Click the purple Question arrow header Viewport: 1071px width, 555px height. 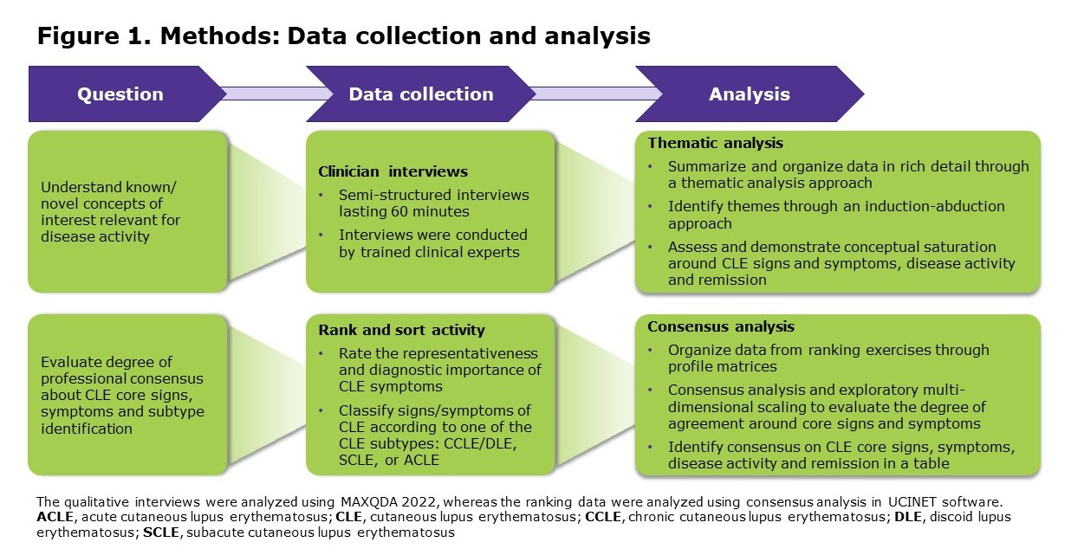pos(120,94)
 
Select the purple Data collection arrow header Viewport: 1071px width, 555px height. pos(421,94)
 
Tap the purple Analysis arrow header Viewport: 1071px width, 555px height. pos(749,94)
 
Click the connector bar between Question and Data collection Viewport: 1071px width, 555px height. pos(266,94)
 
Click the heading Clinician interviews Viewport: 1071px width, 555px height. pos(380,171)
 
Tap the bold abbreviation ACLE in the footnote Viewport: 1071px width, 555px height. pos(54,517)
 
